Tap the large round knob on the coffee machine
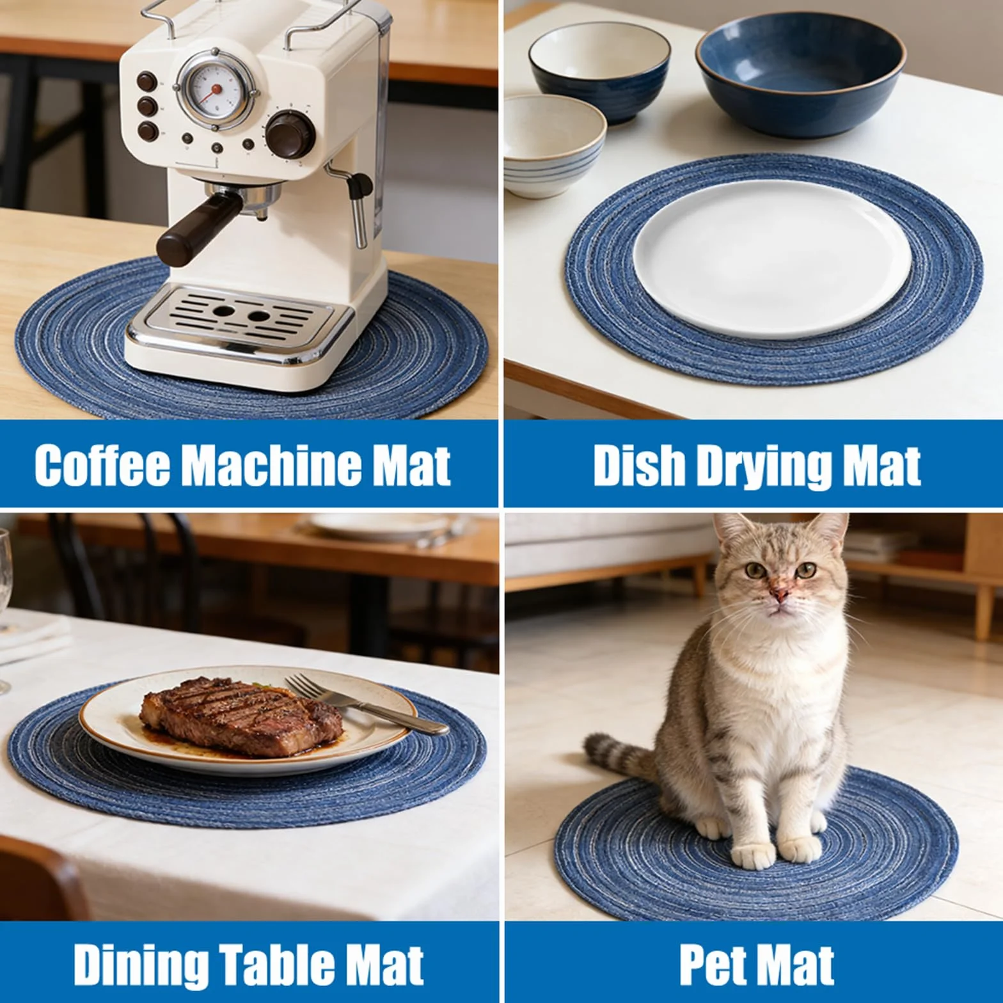pyautogui.click(x=291, y=135)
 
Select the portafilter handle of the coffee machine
pyautogui.click(x=198, y=228)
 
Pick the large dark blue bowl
pyautogui.click(x=800, y=74)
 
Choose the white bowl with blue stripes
pyautogui.click(x=554, y=145)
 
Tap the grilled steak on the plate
pyautogui.click(x=241, y=716)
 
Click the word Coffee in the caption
pyautogui.click(x=102, y=465)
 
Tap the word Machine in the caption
pyautogui.click(x=272, y=464)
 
